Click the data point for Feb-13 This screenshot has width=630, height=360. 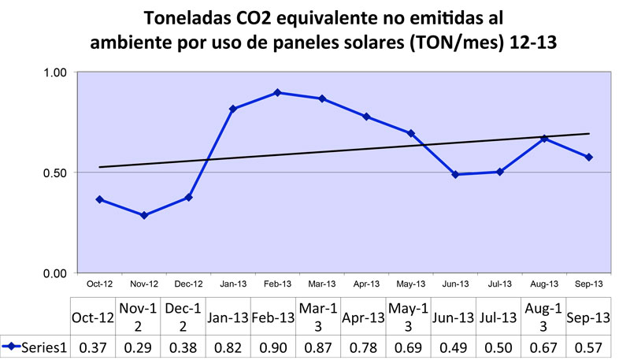point(277,93)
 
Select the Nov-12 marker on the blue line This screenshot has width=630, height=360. point(144,215)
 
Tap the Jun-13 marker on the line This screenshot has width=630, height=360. point(455,174)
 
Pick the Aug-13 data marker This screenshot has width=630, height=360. point(544,139)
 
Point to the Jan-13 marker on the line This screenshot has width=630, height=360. point(233,109)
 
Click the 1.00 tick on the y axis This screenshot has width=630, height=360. point(55,72)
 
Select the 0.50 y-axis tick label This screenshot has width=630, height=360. point(55,173)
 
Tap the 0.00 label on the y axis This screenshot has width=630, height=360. point(55,273)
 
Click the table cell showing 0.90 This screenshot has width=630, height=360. point(273,346)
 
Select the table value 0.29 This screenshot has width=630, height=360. point(139,346)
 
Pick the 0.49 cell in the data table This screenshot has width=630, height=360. point(454,346)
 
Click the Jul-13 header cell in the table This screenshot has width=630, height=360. point(498,317)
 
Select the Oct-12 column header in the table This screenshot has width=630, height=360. point(93,317)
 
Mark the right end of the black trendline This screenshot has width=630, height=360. point(589,134)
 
